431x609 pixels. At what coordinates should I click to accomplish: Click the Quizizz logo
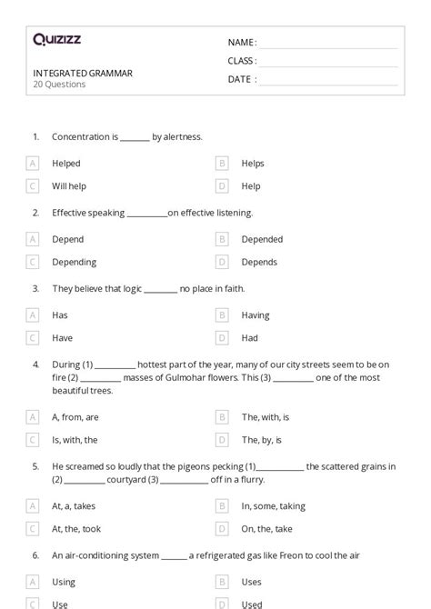point(56,39)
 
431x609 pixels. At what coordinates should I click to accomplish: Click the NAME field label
point(242,43)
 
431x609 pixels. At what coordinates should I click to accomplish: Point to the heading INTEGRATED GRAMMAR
point(83,73)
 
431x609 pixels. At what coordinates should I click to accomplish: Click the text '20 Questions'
point(59,85)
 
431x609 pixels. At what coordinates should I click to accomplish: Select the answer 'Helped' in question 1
point(66,164)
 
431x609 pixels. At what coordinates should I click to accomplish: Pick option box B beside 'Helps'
point(222,164)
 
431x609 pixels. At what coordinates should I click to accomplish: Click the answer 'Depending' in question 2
point(74,262)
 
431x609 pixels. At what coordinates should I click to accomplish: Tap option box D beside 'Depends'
point(222,262)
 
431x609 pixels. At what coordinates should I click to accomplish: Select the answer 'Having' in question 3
point(256,315)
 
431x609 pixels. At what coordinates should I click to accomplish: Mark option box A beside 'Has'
point(33,315)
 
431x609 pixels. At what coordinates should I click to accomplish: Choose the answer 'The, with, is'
point(266,417)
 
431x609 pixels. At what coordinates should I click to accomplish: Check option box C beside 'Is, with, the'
point(33,439)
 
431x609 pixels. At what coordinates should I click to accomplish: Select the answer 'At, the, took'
point(77,528)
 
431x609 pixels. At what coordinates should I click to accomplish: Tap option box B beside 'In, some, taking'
point(222,506)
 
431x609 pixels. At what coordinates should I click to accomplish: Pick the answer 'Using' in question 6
point(64,582)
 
